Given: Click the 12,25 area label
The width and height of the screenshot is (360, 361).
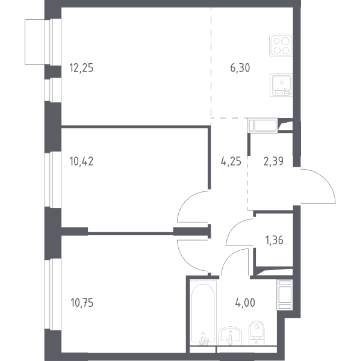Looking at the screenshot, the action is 81,68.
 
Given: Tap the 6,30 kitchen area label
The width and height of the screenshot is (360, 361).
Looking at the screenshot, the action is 240,68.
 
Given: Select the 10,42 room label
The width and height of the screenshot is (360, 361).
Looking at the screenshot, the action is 81,161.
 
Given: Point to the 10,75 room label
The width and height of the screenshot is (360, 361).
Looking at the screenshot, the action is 82,303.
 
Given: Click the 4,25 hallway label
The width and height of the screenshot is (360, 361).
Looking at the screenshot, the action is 231,161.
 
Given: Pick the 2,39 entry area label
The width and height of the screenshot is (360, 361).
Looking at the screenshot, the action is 273,161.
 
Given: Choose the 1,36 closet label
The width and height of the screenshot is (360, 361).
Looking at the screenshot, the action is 275,240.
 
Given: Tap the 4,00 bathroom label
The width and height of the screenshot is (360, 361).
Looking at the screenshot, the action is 245,303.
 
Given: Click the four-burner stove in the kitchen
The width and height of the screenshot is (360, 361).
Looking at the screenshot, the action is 281,45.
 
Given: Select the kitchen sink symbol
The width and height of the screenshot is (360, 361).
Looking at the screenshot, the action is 281,85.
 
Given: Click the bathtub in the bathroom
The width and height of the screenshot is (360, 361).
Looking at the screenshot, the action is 203,312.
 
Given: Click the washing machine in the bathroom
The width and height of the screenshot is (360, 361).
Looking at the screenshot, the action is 285,295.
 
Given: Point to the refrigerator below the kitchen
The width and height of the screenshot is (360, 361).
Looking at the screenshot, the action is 262,126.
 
